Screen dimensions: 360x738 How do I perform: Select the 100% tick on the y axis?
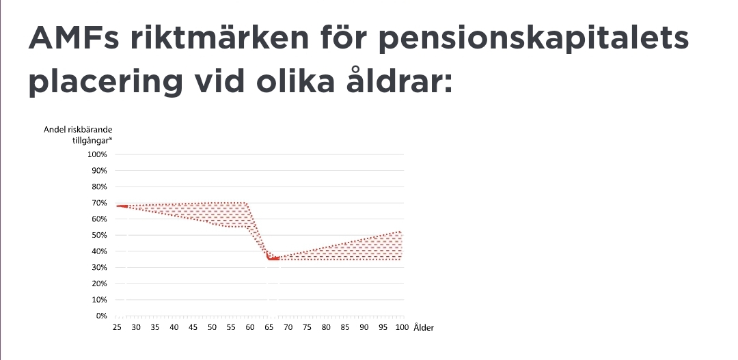tap(97, 154)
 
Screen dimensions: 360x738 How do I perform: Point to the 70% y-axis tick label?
tap(99, 203)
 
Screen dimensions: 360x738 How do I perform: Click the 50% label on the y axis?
tap(99, 235)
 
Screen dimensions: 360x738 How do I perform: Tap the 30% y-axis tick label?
tap(99, 267)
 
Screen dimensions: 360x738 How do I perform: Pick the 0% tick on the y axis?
tap(101, 316)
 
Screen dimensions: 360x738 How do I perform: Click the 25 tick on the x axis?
tap(117, 327)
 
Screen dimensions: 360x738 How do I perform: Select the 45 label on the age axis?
tap(193, 327)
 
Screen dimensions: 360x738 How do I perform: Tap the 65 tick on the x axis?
tap(269, 327)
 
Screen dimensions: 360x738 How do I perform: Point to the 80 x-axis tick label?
tap(326, 327)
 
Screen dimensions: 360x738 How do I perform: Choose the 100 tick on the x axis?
tap(402, 327)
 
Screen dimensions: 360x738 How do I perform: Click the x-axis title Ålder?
tap(424, 327)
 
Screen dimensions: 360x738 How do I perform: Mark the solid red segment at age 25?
tap(122, 206)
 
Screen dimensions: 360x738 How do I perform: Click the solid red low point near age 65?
tap(273, 258)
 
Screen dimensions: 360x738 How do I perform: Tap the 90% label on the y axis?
tap(99, 171)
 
